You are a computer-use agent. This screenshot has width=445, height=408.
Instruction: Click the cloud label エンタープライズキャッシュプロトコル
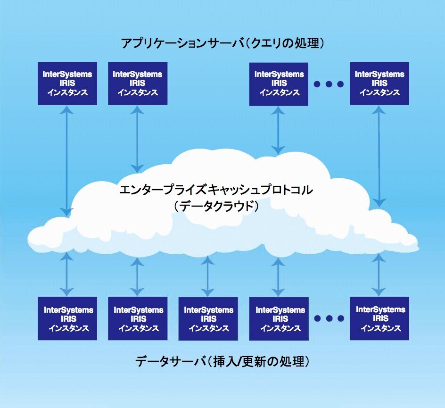point(216,191)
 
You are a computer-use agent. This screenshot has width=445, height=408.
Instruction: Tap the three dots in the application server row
point(329,84)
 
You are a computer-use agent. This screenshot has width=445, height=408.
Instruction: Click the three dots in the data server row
point(329,319)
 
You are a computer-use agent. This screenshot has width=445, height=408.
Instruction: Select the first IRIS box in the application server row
point(67,83)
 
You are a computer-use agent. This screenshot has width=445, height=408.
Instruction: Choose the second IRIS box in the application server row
point(138,83)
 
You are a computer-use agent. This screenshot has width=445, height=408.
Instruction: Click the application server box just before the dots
point(279,83)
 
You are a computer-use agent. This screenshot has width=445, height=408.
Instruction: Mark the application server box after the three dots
point(379,83)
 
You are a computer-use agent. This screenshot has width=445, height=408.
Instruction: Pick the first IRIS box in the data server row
point(67,319)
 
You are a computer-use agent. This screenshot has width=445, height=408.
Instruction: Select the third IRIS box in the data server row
point(208,319)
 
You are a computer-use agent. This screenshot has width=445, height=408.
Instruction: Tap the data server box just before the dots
point(279,319)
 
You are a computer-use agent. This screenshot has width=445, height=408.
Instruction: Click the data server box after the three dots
point(379,319)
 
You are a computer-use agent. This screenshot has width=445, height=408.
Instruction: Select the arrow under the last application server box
point(379,156)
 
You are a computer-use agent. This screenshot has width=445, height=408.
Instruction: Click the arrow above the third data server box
point(208,276)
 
